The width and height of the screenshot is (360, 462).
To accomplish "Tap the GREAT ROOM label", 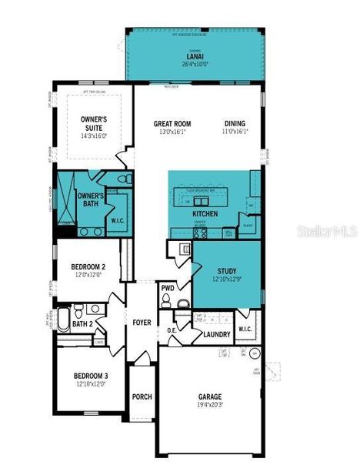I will pos(172,124).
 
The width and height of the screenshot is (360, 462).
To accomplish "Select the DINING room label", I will pos(235,124).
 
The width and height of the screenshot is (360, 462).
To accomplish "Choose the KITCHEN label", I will pos(205,213).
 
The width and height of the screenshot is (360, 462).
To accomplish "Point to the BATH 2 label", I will pos(82,324).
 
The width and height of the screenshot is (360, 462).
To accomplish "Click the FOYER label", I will pos(142,323).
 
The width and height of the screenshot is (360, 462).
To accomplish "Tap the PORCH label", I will pos(142,397).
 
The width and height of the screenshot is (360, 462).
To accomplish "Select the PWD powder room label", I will pos(168,289).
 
